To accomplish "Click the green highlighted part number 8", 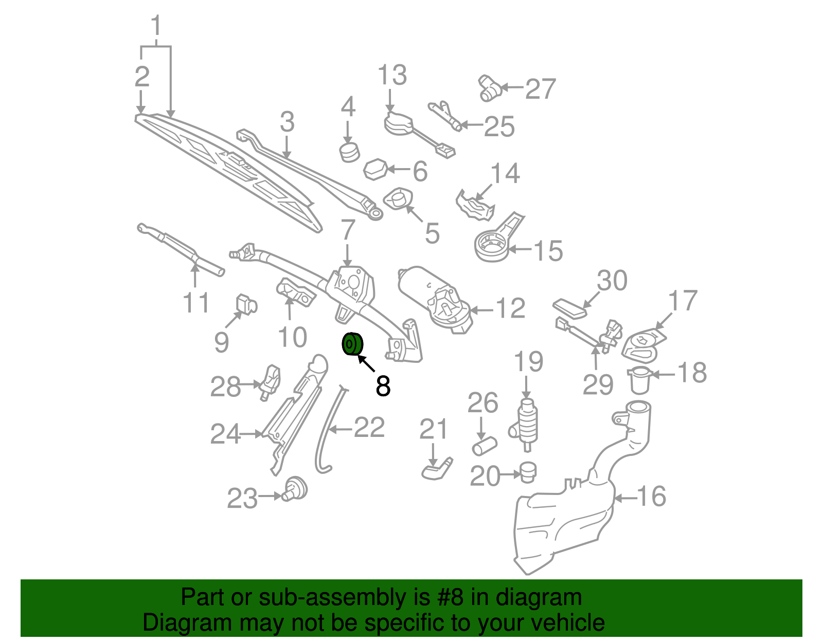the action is click(352, 344).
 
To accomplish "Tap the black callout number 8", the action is click(383, 386).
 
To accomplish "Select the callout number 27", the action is click(541, 89).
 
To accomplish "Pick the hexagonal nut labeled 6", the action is click(375, 170).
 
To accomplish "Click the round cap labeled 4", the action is click(349, 152).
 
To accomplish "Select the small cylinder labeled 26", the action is click(485, 446).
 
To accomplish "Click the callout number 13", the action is click(392, 75).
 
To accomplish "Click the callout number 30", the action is click(612, 280).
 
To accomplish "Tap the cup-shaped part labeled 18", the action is click(640, 380).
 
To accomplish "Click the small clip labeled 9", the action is click(246, 304).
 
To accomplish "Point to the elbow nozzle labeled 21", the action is click(437, 469).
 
